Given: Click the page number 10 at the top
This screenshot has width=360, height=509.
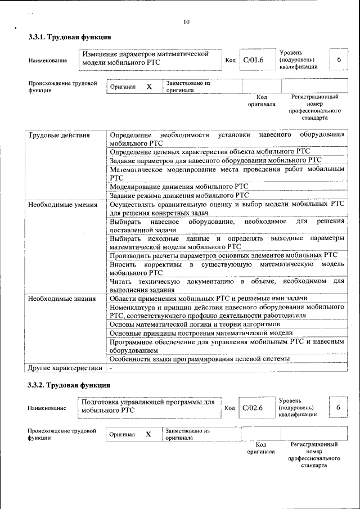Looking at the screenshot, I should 186,22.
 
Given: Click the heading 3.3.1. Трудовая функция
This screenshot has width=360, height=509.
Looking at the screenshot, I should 69,37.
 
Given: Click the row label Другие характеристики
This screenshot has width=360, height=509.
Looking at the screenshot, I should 65,368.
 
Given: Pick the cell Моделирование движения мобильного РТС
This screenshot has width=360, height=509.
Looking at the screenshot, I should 179,186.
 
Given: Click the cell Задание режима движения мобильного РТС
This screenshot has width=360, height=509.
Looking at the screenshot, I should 179,196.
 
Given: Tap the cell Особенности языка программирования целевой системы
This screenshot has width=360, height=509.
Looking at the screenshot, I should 200,359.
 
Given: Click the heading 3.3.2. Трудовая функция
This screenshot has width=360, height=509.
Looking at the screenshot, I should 69,385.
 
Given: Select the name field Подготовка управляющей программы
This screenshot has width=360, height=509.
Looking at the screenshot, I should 147,407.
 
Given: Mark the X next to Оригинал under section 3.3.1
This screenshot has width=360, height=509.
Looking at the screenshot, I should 149,87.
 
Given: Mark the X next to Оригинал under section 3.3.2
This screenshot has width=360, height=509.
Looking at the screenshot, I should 148,435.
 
